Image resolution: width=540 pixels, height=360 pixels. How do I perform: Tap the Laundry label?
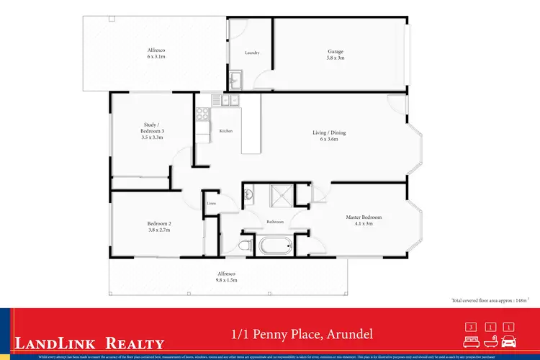tap(252, 53)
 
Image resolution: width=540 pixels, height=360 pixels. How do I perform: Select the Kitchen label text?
tap(225, 130)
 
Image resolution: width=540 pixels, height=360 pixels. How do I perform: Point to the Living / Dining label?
tap(329, 135)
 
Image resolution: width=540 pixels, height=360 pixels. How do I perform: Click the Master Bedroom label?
tap(364, 220)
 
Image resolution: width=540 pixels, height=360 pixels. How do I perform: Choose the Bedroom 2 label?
tap(159, 227)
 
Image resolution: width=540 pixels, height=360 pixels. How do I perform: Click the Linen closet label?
tap(212, 204)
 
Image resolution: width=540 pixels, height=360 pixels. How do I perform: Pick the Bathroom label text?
tap(275, 222)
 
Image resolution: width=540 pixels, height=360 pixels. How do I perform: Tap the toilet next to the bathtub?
tap(245, 246)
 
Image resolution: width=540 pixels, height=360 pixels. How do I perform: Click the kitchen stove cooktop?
tap(202, 113)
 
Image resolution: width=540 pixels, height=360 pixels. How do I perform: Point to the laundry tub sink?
tap(236, 78)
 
